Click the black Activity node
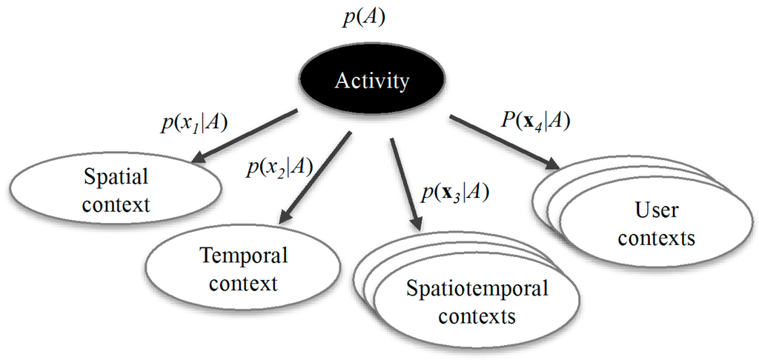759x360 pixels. (x=371, y=81)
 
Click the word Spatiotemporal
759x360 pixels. (x=477, y=288)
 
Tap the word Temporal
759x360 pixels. (x=243, y=256)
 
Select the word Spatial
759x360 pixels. (x=116, y=178)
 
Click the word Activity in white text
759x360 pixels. (x=371, y=81)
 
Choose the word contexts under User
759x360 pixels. (x=656, y=238)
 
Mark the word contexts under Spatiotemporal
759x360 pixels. (x=477, y=316)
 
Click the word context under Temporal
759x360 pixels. (x=242, y=283)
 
